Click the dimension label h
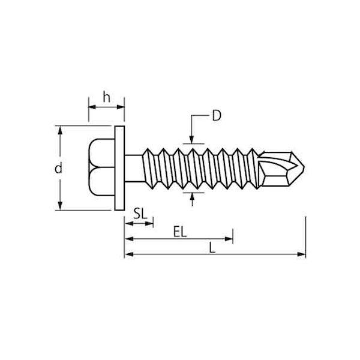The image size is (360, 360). point(107,97)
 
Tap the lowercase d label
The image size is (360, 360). point(58,168)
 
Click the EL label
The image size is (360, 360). point(180,232)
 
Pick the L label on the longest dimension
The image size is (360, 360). point(212,248)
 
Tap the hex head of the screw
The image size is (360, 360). point(101,167)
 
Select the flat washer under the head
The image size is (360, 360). point(119,168)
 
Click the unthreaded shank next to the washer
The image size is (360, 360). point(134,168)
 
